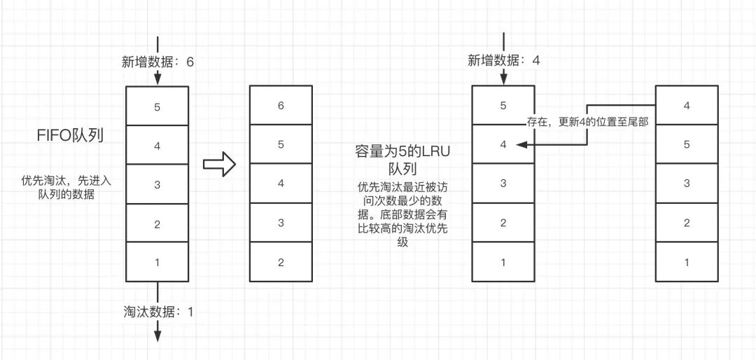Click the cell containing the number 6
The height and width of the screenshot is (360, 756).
tap(281, 106)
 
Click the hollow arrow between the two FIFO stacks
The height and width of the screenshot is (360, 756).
tap(217, 164)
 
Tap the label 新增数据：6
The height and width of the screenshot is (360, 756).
tap(157, 62)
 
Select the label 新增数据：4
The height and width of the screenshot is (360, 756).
tap(504, 61)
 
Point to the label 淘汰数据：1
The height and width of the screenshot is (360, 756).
tap(157, 312)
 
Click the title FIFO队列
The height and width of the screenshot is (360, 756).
tap(71, 136)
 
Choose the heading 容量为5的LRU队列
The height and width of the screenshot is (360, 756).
tap(398, 160)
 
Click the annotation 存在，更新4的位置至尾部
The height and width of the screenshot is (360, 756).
tap(587, 122)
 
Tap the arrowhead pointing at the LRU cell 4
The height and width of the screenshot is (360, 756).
tap(519, 145)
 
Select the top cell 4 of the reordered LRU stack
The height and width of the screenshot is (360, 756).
tap(686, 106)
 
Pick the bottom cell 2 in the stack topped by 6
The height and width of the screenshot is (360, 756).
tap(281, 263)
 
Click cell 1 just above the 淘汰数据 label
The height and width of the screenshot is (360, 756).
tap(157, 263)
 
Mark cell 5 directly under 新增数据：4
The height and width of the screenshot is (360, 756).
tap(503, 106)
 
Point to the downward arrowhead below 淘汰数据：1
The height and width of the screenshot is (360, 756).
tap(157, 335)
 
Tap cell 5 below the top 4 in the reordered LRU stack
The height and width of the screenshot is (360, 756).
tap(686, 145)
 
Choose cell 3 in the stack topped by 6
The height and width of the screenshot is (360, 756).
tap(281, 223)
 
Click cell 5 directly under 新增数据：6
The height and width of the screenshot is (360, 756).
tap(157, 106)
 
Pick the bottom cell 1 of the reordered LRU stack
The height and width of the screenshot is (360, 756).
tap(686, 263)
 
